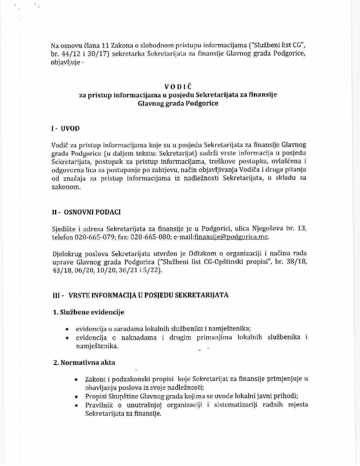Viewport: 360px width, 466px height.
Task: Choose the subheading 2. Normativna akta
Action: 84,362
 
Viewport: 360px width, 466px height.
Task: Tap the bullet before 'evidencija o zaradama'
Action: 67,330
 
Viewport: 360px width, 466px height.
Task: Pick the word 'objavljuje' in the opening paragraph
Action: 65,63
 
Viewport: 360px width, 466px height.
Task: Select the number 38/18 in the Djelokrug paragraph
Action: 299,262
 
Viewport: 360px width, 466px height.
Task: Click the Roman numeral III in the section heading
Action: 56,295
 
